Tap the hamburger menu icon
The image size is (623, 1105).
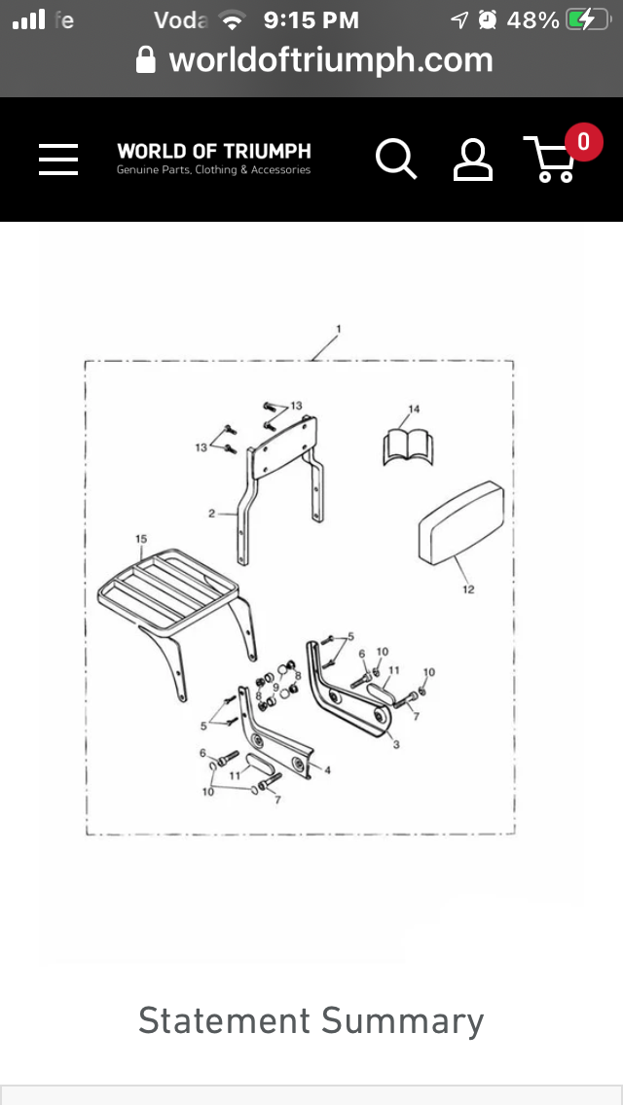click(58, 159)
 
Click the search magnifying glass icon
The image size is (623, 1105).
click(396, 159)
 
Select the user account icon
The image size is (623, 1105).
click(473, 160)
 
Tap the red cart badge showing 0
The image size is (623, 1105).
click(583, 141)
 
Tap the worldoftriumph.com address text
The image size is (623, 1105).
click(331, 60)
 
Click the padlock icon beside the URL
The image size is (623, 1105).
click(146, 61)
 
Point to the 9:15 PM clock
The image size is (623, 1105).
click(311, 19)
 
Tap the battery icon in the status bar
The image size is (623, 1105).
click(586, 19)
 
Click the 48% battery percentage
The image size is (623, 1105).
click(533, 19)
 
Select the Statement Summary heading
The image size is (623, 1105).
click(311, 1020)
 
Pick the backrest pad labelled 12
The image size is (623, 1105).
click(460, 524)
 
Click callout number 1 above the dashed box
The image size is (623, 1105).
click(338, 329)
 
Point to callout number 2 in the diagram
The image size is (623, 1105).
click(210, 513)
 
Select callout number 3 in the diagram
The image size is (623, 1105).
click(396, 744)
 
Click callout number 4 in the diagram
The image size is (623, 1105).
click(327, 770)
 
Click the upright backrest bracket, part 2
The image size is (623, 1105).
click(282, 467)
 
